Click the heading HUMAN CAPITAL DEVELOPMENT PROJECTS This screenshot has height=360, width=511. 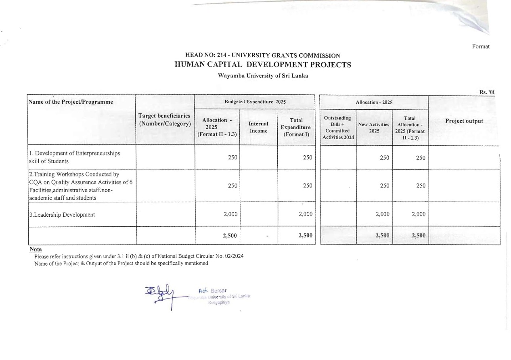[263, 65]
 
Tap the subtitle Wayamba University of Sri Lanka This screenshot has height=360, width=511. [263, 76]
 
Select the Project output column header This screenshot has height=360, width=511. [464, 121]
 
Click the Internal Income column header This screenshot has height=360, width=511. [258, 127]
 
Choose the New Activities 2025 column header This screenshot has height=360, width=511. [374, 128]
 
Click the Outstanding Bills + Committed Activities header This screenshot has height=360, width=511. [337, 127]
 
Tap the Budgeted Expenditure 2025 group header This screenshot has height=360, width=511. [255, 102]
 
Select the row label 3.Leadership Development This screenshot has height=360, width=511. [62, 215]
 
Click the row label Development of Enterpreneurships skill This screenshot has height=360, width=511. [74, 157]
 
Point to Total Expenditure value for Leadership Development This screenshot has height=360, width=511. [305, 214]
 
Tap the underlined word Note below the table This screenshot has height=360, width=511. [36, 249]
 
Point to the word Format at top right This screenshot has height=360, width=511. [481, 46]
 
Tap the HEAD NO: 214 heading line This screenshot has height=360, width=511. [262, 55]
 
